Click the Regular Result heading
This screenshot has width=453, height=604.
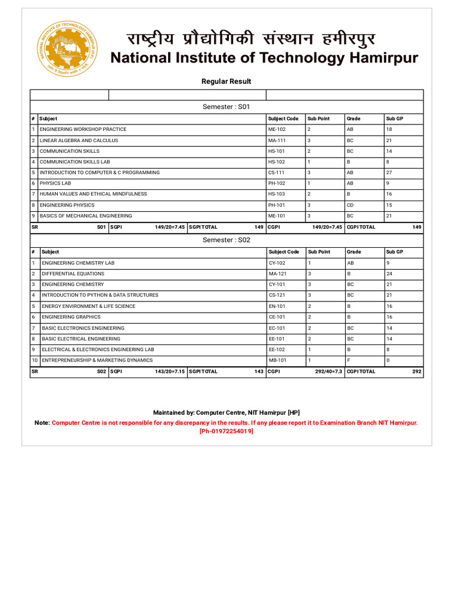tap(226, 81)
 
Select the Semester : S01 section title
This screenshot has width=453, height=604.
tap(226, 107)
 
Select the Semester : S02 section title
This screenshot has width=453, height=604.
tap(226, 240)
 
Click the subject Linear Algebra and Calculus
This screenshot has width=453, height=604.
tap(79, 140)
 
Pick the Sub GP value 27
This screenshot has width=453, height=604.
tap(389, 173)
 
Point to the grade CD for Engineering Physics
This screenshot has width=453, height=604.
tap(350, 205)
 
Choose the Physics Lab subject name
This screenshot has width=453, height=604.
tap(56, 183)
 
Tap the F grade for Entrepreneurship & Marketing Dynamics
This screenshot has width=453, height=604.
tap(349, 360)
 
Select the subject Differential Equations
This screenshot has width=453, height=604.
tap(73, 274)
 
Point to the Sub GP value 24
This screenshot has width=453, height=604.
tap(389, 274)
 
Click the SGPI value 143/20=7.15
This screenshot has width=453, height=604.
tap(170, 372)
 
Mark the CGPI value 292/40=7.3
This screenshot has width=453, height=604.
tap(329, 372)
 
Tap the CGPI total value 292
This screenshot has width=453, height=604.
tap(416, 372)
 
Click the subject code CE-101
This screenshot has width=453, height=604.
tap(277, 317)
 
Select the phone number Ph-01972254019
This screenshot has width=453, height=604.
tap(226, 431)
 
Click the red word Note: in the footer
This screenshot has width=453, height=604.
tap(42, 423)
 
